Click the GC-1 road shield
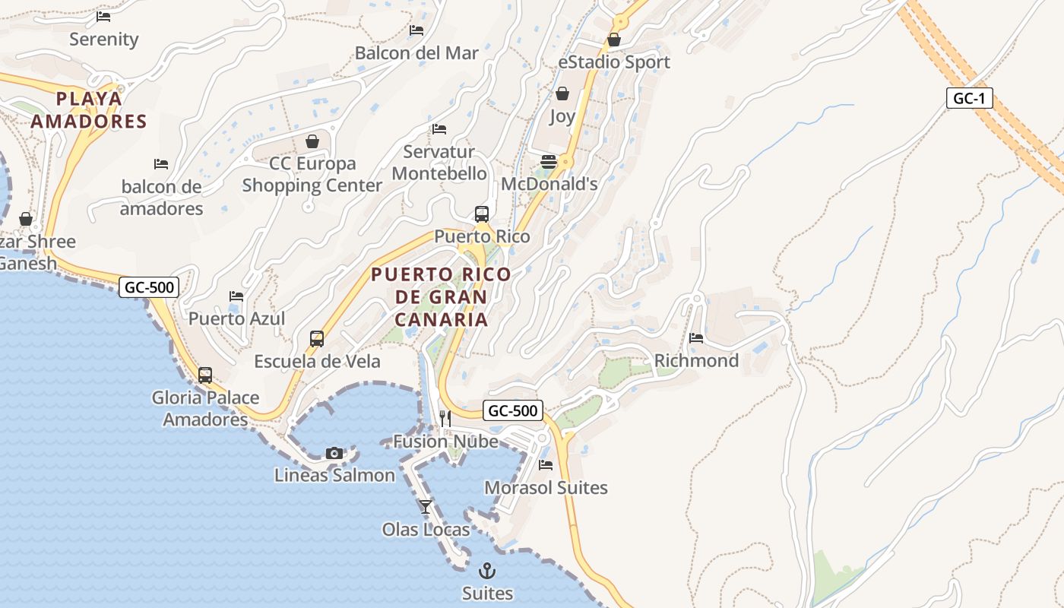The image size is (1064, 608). tap(969, 98)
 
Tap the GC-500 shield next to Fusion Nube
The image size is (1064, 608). tap(512, 411)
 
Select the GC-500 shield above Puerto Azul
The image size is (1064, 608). tap(149, 287)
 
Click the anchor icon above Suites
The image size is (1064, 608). tap(486, 570)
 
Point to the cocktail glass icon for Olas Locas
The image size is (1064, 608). tap(426, 506)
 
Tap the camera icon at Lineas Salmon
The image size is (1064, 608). tap(334, 453)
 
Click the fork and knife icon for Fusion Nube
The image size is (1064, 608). tap(445, 418)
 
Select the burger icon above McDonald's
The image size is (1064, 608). tap(549, 161)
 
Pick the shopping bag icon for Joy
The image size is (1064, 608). tap(562, 93)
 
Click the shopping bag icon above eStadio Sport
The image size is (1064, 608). tap(614, 40)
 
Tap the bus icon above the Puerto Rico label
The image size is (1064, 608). tap(482, 214)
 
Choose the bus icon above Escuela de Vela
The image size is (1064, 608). tap(317, 339)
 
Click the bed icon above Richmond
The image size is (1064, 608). tap(696, 338)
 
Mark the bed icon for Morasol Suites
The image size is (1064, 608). tap(546, 464)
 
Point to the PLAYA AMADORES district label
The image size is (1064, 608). tap(90, 110)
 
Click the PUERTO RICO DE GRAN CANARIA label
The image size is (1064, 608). tap(441, 296)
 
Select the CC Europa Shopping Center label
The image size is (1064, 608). tap(312, 174)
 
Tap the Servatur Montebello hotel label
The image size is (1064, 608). tap(439, 163)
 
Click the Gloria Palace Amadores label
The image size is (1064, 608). tap(205, 408)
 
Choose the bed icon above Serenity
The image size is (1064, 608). tap(103, 16)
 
